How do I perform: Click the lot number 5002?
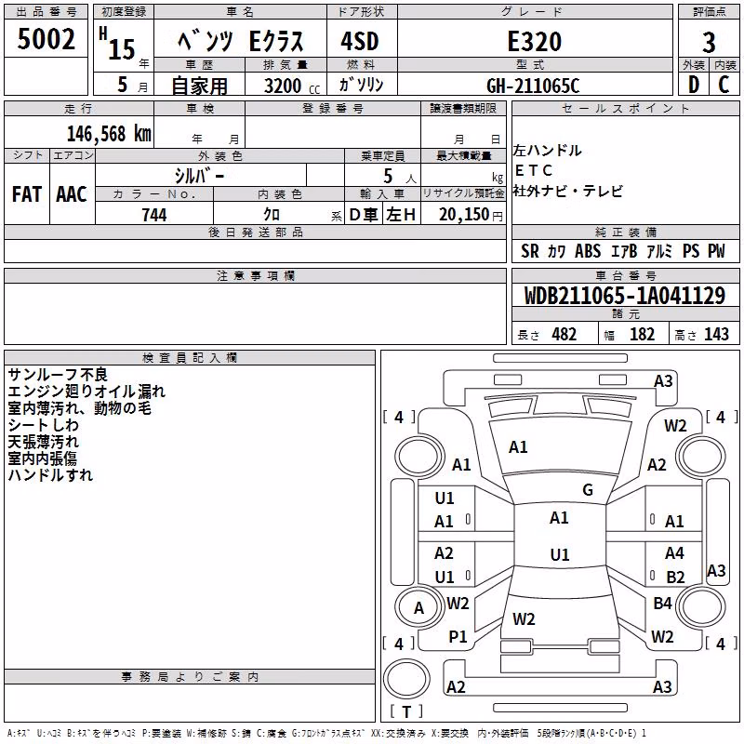[46, 39]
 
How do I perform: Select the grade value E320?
[535, 41]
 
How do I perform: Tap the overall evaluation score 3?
[709, 42]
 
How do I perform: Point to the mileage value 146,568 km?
[109, 134]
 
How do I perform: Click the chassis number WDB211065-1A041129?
[625, 296]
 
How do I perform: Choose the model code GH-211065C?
[533, 86]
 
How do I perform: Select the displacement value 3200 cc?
[292, 86]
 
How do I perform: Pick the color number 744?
[154, 215]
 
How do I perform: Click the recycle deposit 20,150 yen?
[471, 215]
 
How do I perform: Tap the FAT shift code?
[27, 194]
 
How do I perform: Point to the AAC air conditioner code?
[72, 194]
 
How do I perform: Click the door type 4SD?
[360, 41]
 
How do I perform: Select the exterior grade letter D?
[694, 85]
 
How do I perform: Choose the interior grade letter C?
[724, 85]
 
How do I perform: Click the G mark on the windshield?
[588, 490]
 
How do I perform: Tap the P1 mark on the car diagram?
[458, 637]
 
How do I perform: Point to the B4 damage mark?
[662, 604]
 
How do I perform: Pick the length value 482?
[565, 334]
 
